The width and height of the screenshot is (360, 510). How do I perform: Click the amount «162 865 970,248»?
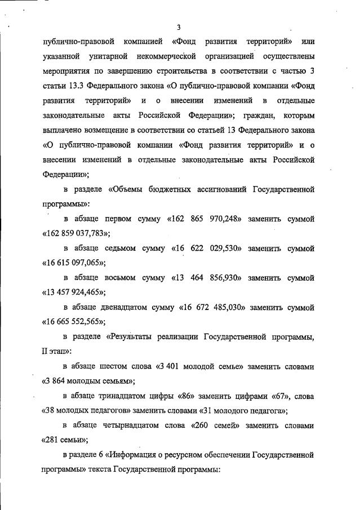coord(205,218)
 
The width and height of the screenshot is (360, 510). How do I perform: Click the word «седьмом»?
coord(125,248)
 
